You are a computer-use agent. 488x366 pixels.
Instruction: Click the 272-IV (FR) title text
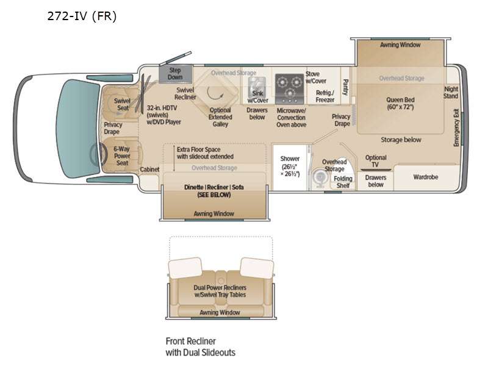click(82, 16)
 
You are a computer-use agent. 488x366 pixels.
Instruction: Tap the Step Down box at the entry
click(175, 74)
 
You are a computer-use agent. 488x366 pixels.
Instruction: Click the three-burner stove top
click(289, 89)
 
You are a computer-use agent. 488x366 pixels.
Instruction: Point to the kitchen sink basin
click(257, 88)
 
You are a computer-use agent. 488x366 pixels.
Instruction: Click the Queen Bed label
click(400, 103)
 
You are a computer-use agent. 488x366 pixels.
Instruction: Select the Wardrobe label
click(425, 177)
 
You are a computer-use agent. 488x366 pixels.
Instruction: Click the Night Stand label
click(451, 93)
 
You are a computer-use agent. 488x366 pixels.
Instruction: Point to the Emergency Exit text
click(456, 127)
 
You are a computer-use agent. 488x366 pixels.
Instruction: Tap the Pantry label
click(345, 87)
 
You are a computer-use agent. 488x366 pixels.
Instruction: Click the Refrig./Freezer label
click(325, 96)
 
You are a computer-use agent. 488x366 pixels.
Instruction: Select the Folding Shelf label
click(343, 182)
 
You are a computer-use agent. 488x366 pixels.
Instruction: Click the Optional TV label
click(376, 161)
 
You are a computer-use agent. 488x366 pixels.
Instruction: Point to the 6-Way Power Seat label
click(122, 156)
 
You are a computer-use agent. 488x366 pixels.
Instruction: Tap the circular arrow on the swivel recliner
click(215, 93)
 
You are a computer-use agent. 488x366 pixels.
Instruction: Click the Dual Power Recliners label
click(220, 291)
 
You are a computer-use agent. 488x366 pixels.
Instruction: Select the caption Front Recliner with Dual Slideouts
click(201, 346)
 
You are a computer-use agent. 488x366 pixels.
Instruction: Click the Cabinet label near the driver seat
click(149, 170)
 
